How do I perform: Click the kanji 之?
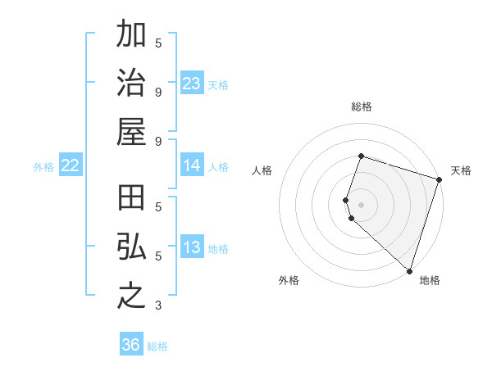point(131,296)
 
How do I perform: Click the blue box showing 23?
point(192,84)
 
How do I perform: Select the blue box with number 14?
point(192,165)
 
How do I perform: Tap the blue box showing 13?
point(192,248)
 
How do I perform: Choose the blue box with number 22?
point(71,166)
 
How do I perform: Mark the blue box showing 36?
point(131,345)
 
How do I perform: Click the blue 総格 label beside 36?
point(157,346)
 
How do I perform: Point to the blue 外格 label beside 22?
point(43,167)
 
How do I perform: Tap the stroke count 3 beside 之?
point(158,306)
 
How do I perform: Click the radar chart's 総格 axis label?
point(362,106)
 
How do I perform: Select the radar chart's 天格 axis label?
point(461,170)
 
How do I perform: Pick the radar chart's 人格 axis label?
point(262,170)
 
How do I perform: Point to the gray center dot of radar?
point(362,203)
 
